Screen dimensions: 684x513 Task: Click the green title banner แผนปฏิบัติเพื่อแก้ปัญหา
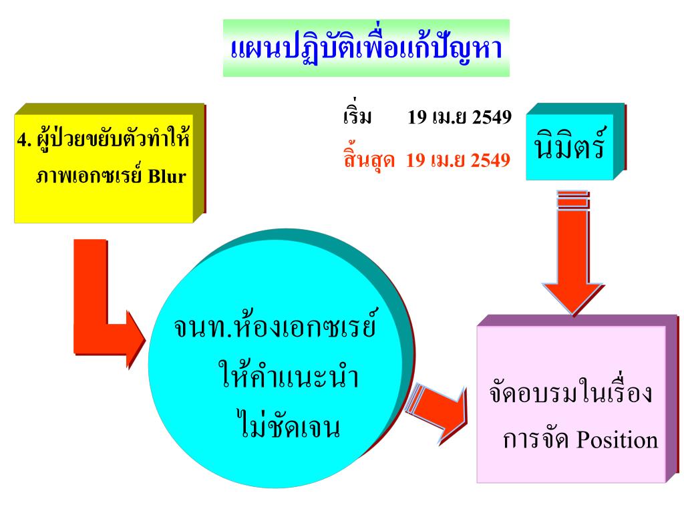pos(365,49)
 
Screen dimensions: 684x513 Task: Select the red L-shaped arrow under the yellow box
pos(104,314)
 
